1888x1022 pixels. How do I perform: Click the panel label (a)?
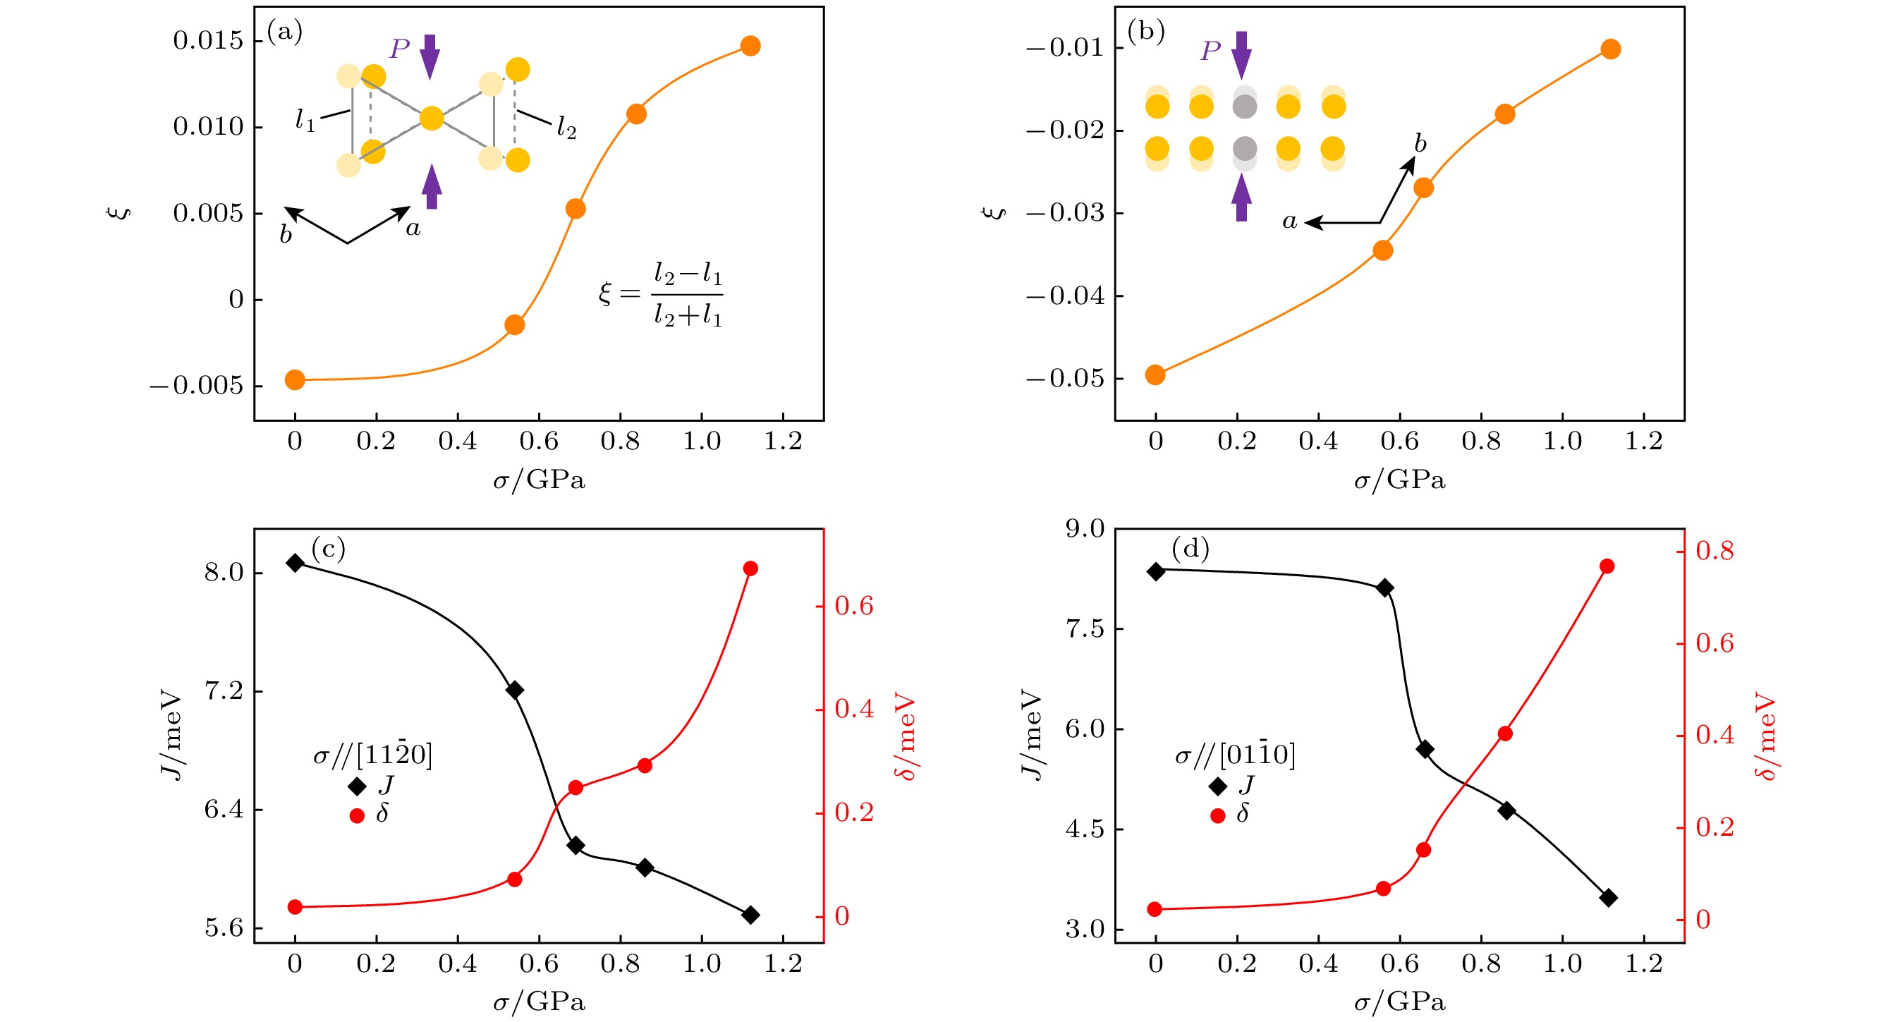pos(284,32)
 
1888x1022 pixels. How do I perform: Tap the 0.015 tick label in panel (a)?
pos(207,40)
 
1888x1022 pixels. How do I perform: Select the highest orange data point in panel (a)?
pos(750,46)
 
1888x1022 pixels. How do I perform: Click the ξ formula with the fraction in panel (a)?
pos(660,295)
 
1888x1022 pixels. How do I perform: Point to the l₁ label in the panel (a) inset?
pos(305,120)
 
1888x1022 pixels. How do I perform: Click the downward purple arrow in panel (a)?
pos(430,56)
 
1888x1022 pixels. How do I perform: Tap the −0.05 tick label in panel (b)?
pos(1064,378)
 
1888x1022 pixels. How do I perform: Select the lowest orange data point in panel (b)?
pos(1155,375)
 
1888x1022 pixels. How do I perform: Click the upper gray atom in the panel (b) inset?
pos(1245,107)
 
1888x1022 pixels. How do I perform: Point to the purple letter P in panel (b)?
pos(1210,51)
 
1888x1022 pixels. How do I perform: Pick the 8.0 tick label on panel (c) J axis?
pos(224,573)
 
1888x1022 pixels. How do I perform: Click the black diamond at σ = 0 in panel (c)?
pos(295,563)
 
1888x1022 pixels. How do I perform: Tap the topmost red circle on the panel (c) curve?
pos(750,568)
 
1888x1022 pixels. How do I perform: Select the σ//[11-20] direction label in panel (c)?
pos(372,755)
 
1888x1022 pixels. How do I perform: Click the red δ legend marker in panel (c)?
pos(357,816)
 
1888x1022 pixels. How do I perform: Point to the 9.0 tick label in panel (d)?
pos(1085,528)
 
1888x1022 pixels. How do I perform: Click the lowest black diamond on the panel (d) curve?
pos(1609,897)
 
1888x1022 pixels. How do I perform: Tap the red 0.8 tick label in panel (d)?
pos(1715,551)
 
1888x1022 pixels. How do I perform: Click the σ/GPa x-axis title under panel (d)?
pos(1399,1002)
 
